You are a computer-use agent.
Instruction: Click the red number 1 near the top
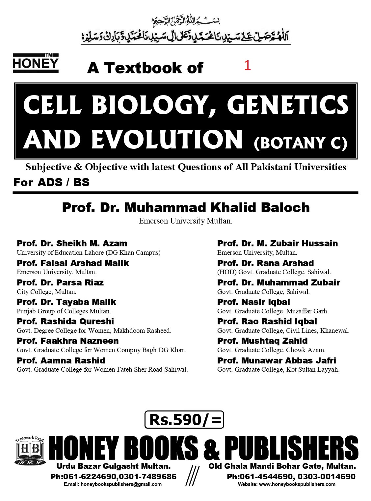tap(248, 66)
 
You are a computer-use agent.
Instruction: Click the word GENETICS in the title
tap(287, 105)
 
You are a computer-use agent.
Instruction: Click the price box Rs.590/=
tap(184, 419)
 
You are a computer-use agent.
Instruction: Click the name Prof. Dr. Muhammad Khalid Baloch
tap(186, 207)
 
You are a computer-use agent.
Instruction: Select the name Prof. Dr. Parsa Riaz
tap(60, 282)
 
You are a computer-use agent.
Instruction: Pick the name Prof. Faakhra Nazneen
tap(67, 341)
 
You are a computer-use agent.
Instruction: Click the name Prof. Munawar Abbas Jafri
tap(277, 360)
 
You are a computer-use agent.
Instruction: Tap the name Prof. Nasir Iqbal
tap(253, 302)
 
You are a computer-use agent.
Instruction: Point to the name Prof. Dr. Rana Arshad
tap(265, 263)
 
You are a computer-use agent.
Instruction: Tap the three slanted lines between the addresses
tap(192, 476)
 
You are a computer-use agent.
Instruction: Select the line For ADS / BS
tap(51, 182)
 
